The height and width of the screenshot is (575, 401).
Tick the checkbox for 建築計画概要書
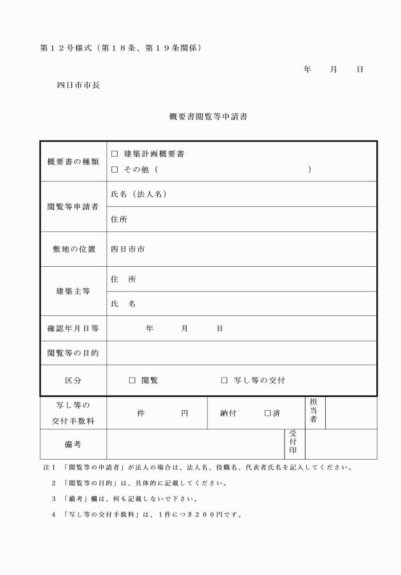(x=115, y=154)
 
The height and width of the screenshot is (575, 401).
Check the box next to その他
(x=115, y=169)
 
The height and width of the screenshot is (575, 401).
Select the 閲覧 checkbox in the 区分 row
(x=132, y=380)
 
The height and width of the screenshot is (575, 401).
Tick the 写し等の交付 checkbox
(x=224, y=380)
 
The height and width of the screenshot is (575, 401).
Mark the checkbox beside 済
(x=268, y=413)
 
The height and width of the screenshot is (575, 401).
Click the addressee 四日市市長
(x=78, y=85)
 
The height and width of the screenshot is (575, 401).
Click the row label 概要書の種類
(x=73, y=162)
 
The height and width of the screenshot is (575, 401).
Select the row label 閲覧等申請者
(x=73, y=207)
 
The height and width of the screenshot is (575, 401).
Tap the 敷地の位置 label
(x=73, y=249)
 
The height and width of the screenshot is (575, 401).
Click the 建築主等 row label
(x=73, y=291)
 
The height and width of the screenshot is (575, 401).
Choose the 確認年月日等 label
(x=73, y=329)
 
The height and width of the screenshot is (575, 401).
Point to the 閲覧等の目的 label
(x=73, y=353)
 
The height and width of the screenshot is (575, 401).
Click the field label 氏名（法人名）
(x=139, y=194)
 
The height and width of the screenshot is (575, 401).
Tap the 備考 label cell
(x=73, y=444)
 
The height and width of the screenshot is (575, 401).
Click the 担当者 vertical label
(x=313, y=413)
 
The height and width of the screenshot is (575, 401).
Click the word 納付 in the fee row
(x=229, y=413)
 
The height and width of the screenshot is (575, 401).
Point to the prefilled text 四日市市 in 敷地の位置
(x=127, y=249)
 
